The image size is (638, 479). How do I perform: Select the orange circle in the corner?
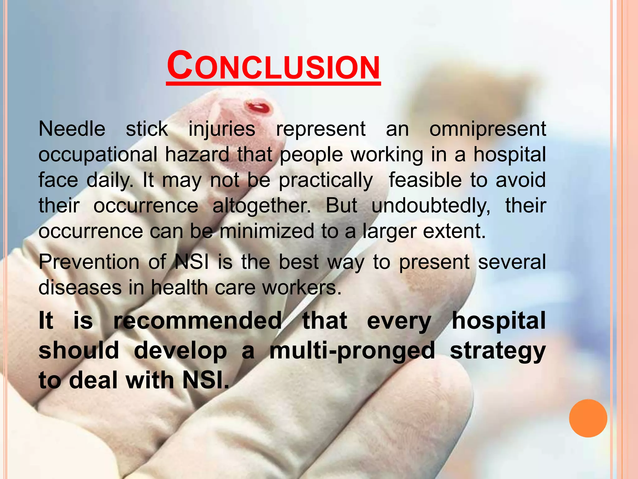click(x=588, y=418)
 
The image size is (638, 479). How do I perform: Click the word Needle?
click(x=72, y=129)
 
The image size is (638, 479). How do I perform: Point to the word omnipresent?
click(x=488, y=129)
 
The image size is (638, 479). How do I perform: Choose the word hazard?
click(x=197, y=154)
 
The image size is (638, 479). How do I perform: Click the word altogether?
click(x=262, y=206)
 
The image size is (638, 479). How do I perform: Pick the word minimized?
click(x=267, y=231)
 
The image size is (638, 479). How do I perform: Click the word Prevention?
click(x=89, y=262)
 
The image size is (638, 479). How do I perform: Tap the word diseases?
click(x=80, y=287)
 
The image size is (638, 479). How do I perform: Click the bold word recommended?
click(x=198, y=321)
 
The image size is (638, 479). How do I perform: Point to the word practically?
click(x=326, y=181)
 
